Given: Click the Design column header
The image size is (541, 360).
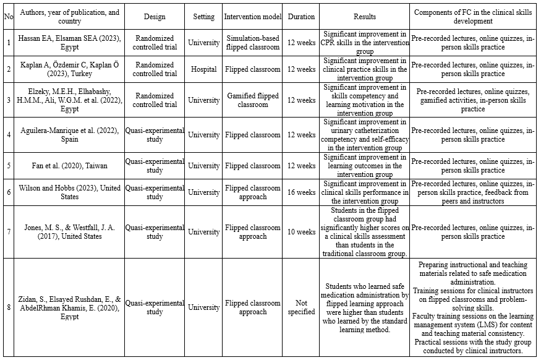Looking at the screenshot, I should click(155, 17).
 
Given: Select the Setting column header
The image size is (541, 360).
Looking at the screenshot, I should click(204, 17).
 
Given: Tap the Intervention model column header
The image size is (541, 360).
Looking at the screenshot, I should click(252, 17).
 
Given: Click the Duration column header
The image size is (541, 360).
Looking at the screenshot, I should click(301, 17).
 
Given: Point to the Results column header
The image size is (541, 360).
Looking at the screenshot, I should click(365, 17).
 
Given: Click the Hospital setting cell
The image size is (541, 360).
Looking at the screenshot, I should click(204, 69).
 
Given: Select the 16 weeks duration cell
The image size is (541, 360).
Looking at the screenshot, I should click(301, 192).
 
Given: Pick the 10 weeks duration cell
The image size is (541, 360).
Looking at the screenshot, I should click(301, 232).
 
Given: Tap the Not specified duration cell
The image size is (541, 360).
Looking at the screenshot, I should click(301, 307).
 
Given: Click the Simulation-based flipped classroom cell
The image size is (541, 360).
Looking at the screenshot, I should click(252, 43).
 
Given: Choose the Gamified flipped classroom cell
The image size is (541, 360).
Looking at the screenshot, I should click(252, 100).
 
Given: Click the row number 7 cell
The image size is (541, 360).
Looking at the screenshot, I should click(8, 232).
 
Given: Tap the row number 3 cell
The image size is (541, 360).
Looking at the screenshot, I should click(8, 100).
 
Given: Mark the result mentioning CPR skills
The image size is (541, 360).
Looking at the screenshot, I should click(365, 43).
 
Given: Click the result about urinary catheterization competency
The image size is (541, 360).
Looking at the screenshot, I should click(365, 135).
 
